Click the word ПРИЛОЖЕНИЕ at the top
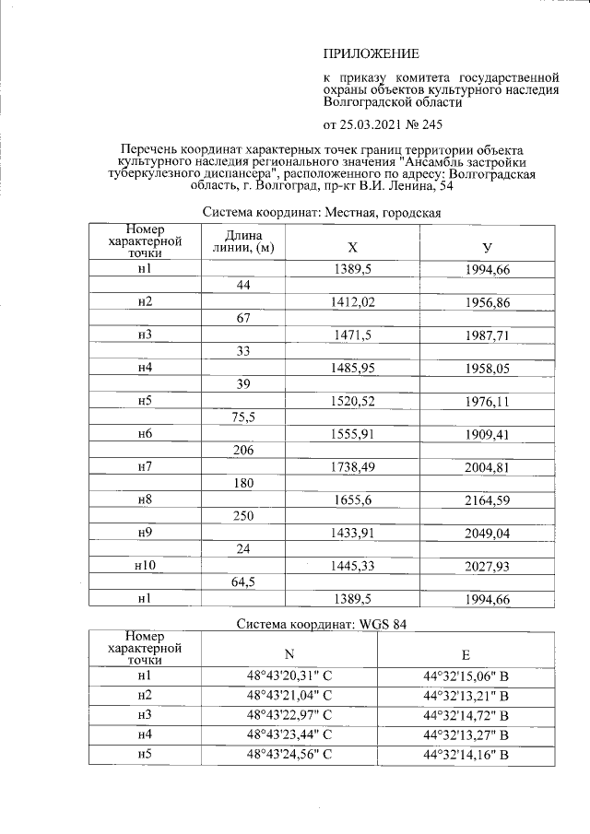[x=371, y=53]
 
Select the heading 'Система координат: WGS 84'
[x=322, y=624]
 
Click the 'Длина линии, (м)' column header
[x=243, y=241]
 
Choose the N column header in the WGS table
[x=289, y=655]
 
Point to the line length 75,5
[x=243, y=417]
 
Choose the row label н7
[x=144, y=468]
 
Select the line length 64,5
[x=243, y=583]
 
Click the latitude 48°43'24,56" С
[x=289, y=756]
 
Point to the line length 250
[x=243, y=517]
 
